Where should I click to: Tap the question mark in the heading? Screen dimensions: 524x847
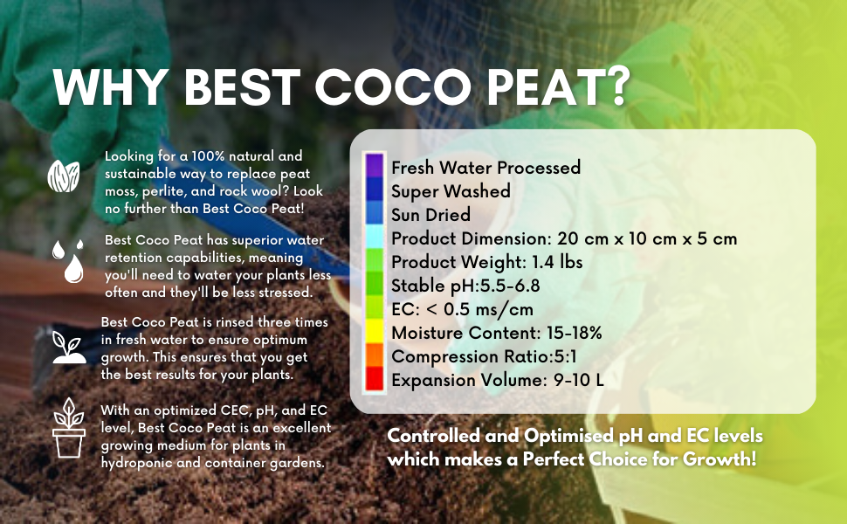(x=614, y=88)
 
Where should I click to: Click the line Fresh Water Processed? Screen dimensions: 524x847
(x=485, y=167)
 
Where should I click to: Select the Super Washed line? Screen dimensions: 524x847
(x=451, y=190)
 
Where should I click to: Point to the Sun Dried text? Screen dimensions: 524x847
(x=430, y=215)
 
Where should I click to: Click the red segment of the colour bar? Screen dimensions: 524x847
(x=374, y=379)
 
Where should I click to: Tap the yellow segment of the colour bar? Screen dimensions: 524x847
(x=374, y=330)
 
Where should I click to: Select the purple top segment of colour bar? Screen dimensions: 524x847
(x=374, y=165)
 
